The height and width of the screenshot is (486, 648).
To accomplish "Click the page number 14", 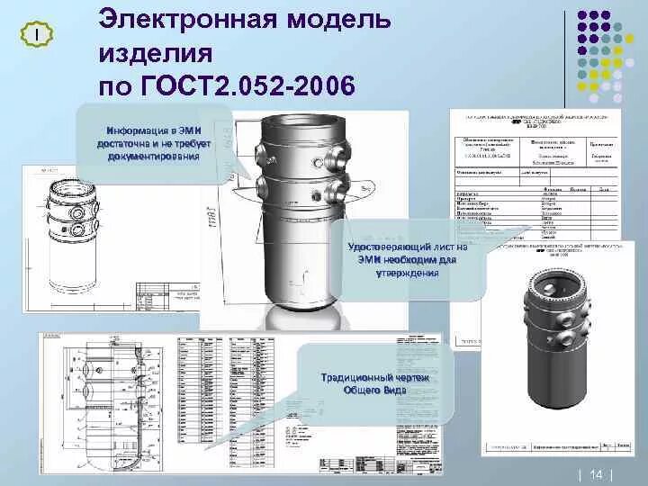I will point(596,473).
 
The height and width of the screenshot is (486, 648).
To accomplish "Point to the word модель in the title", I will point(337,20).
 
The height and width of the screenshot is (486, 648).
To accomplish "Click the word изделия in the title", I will point(155,53).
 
